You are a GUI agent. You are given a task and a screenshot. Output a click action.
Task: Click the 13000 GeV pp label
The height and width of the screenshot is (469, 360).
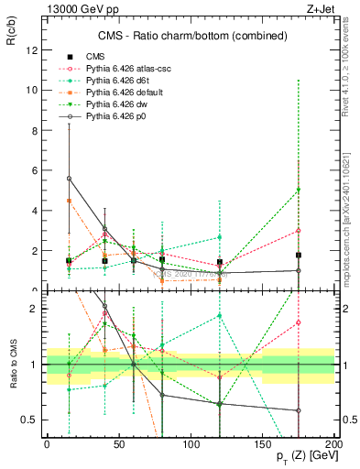78,8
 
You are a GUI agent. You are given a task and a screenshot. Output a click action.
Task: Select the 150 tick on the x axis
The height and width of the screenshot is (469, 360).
263,441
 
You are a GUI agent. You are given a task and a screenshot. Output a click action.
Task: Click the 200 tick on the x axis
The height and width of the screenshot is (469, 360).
334,441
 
